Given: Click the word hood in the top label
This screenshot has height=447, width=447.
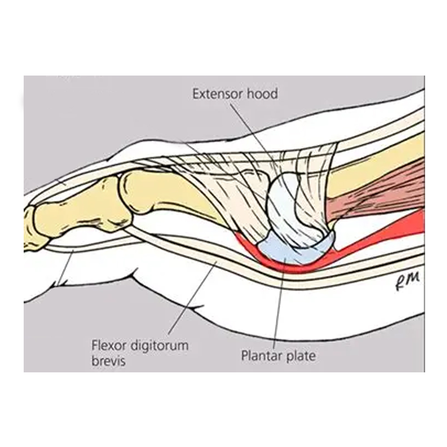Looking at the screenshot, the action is [x=262, y=94].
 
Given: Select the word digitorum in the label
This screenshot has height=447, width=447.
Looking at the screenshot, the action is [x=159, y=346].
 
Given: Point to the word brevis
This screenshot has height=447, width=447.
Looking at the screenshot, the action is [x=108, y=361].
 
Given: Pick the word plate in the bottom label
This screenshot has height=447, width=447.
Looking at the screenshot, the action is [x=299, y=356].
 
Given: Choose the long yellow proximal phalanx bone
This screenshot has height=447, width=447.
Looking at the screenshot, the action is [x=171, y=197].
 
